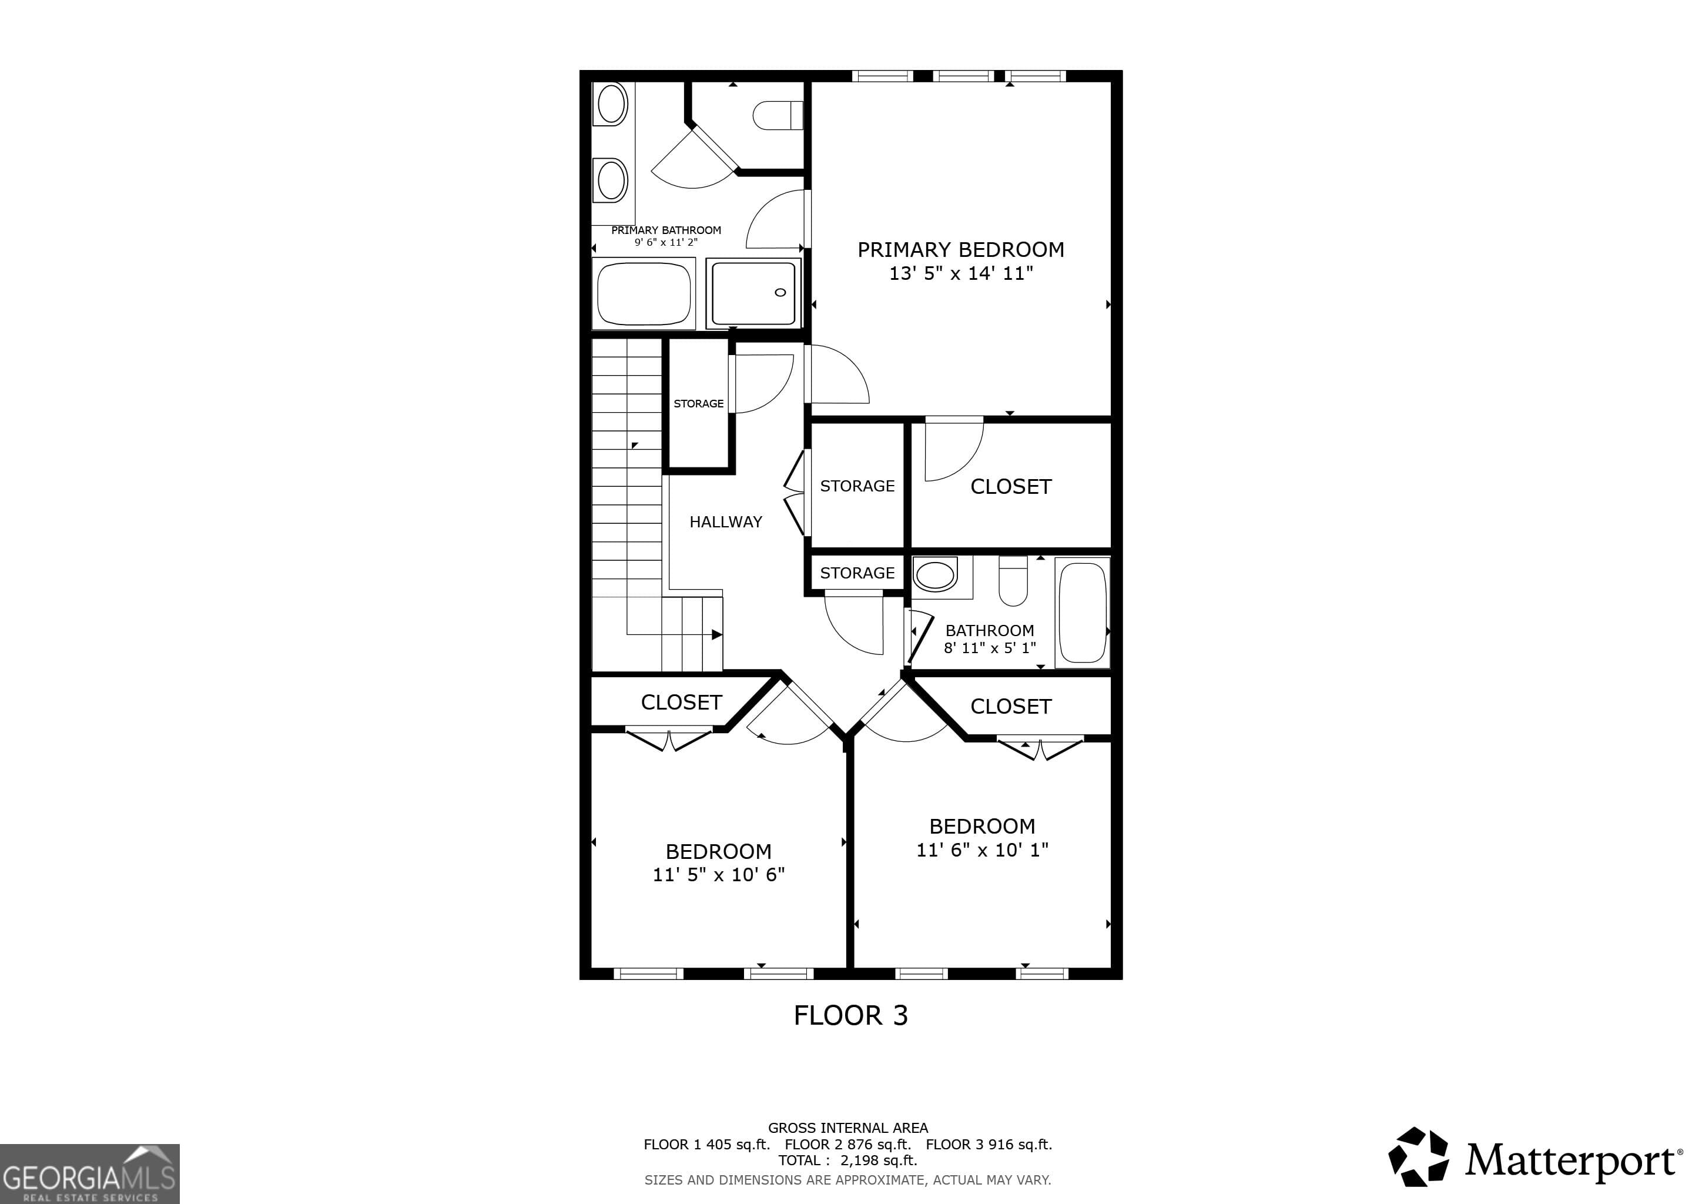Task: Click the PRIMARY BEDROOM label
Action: pyautogui.click(x=961, y=250)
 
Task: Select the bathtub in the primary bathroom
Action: pyautogui.click(x=644, y=293)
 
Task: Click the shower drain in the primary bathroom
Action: pyautogui.click(x=780, y=292)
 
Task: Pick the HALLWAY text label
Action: pyautogui.click(x=725, y=522)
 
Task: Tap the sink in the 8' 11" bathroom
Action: pyautogui.click(x=935, y=574)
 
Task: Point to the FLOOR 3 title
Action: pyautogui.click(x=850, y=1015)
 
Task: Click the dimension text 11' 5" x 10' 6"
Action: pyautogui.click(x=718, y=875)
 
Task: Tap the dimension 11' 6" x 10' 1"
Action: pyautogui.click(x=982, y=850)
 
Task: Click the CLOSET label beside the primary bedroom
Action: pyautogui.click(x=1010, y=486)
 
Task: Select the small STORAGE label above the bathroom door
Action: pyautogui.click(x=857, y=573)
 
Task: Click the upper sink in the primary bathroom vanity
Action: pyautogui.click(x=612, y=104)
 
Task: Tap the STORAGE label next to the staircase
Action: pyautogui.click(x=698, y=403)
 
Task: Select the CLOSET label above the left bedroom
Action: pyautogui.click(x=681, y=702)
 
